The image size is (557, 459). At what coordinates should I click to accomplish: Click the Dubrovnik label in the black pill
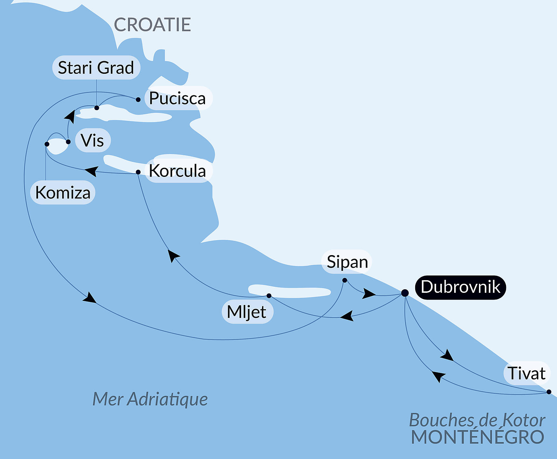point(460,287)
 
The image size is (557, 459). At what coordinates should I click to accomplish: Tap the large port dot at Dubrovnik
point(405,293)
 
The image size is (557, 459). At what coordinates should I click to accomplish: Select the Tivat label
point(526,373)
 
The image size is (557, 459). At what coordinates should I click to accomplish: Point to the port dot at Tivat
point(549,392)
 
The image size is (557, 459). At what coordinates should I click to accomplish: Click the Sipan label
point(347,262)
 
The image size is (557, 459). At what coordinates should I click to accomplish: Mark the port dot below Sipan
point(345,280)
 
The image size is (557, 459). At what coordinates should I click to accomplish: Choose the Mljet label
point(247,312)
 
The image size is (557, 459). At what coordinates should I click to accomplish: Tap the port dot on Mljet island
point(269,296)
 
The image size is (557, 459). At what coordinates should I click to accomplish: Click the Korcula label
point(177,171)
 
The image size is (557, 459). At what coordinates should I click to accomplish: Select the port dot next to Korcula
point(138,172)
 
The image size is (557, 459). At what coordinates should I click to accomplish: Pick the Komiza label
point(63,193)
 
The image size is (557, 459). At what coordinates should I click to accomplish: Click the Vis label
point(93,141)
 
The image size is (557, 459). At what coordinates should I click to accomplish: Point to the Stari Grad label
point(96,68)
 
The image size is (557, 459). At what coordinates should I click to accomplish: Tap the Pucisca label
point(177,99)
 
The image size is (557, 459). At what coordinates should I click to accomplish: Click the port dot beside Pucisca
point(138,100)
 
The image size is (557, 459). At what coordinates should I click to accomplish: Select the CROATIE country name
point(152,25)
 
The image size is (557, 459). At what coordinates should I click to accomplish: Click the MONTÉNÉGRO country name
point(477,437)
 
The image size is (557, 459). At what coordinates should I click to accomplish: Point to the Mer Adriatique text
point(150,399)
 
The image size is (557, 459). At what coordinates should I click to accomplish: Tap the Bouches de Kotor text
point(477,420)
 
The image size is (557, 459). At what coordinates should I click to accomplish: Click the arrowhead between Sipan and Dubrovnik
point(368,293)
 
